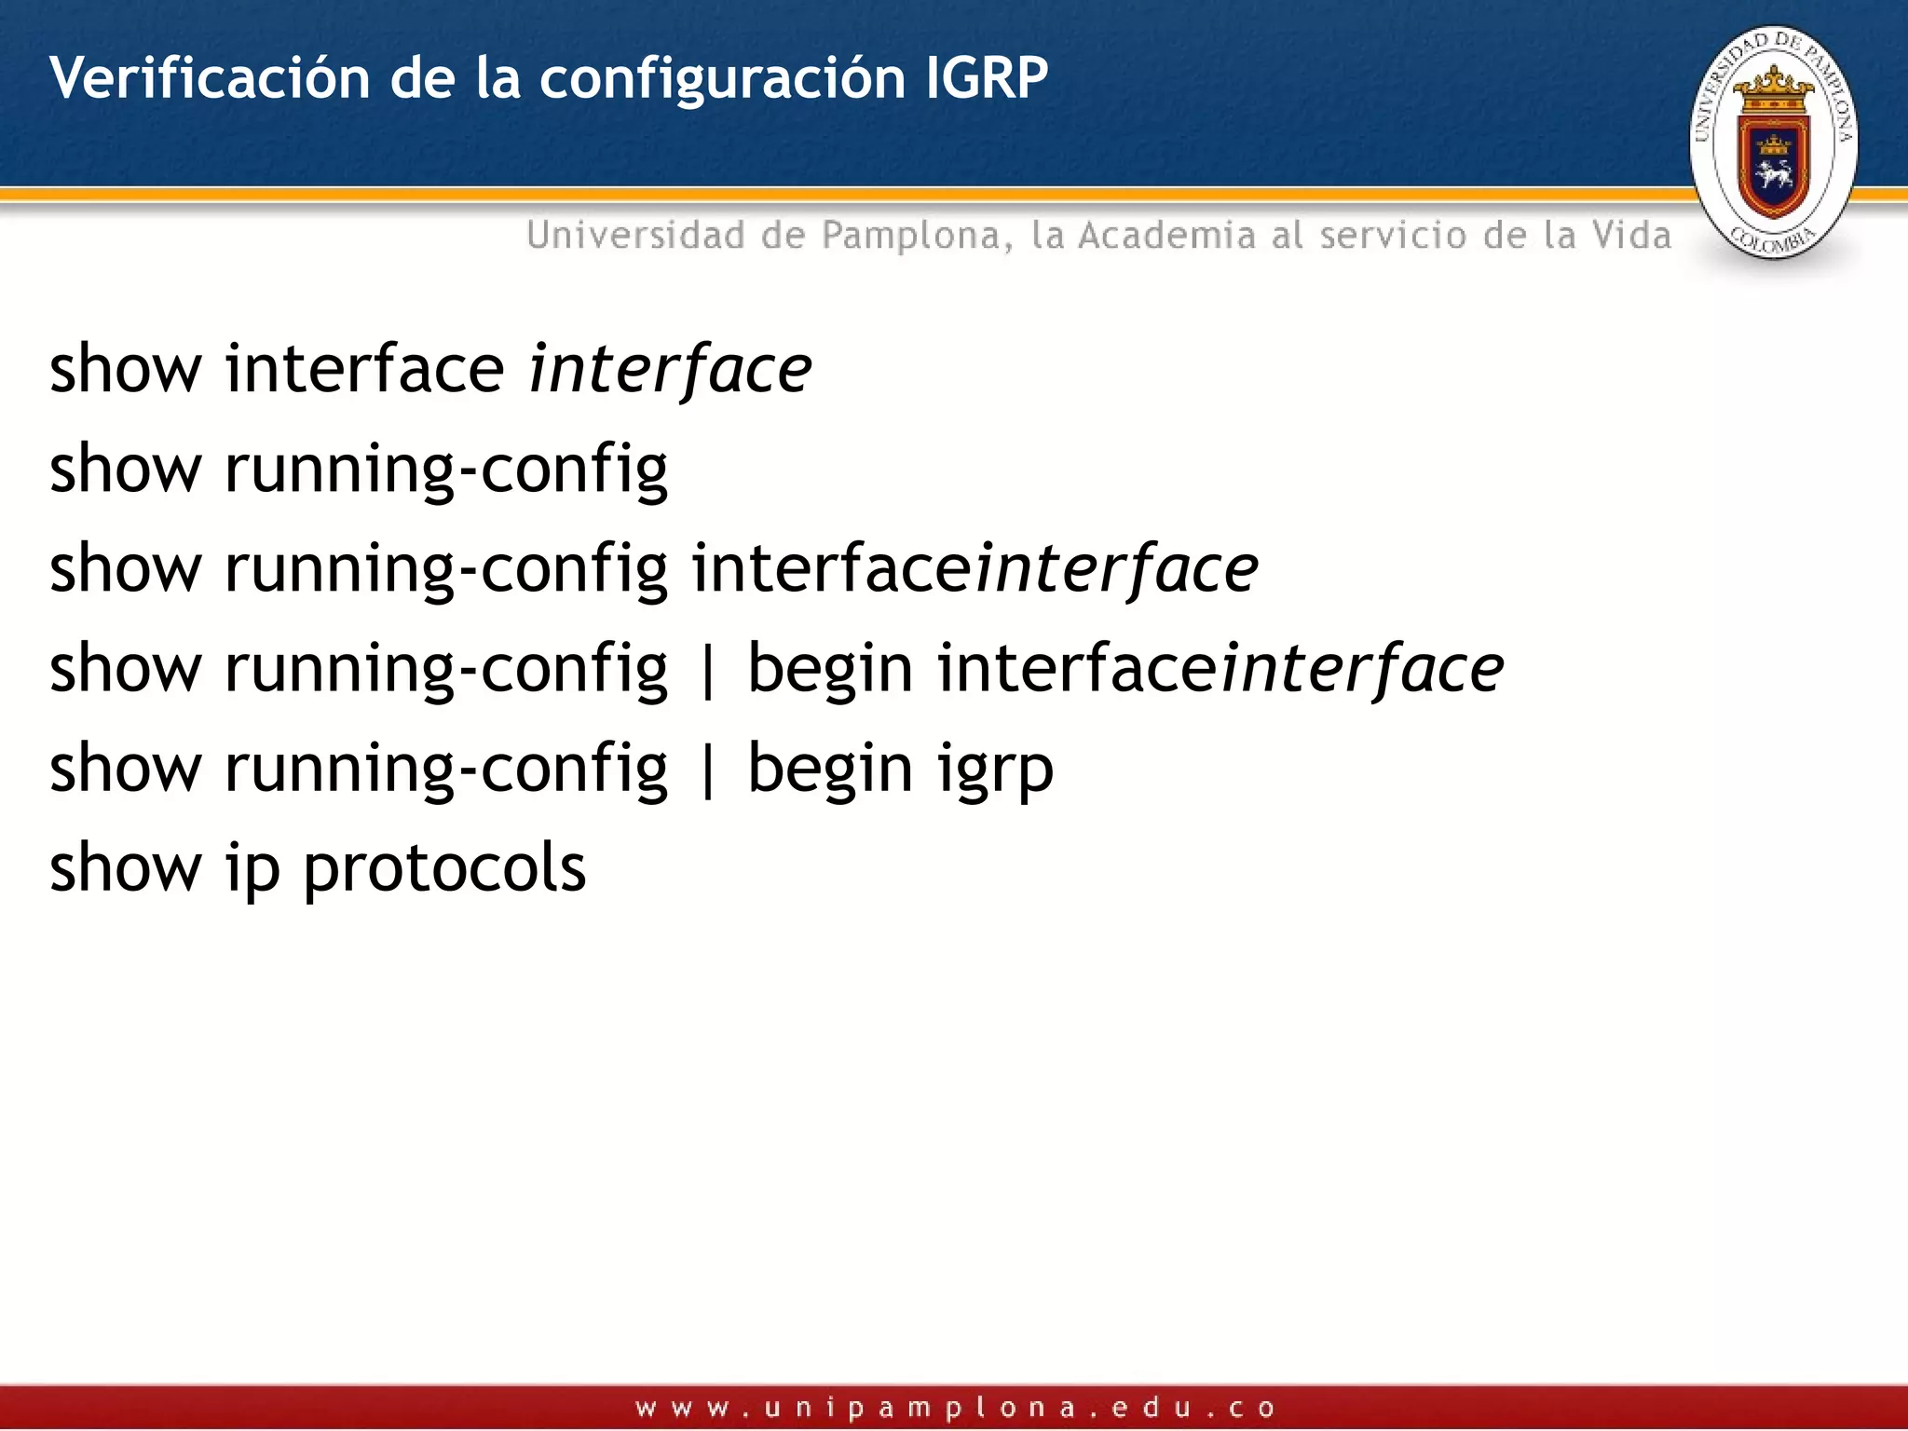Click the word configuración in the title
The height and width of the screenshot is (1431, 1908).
click(x=722, y=79)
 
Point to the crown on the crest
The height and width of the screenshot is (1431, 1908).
click(x=1774, y=89)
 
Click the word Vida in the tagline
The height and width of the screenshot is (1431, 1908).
click(x=1631, y=235)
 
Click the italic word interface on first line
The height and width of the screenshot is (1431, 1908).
click(x=670, y=370)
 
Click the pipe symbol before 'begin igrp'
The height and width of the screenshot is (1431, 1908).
click(x=708, y=770)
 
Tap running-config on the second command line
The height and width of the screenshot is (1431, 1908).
click(x=446, y=470)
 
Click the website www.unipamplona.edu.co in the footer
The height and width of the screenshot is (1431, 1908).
click(x=954, y=1408)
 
